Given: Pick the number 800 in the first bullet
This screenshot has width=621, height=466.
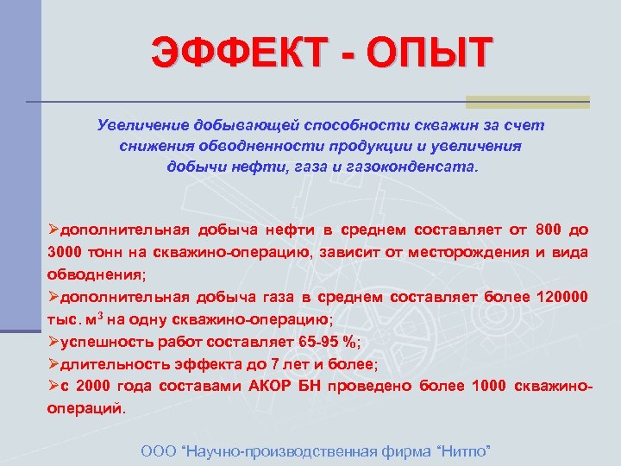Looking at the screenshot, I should tap(548, 230).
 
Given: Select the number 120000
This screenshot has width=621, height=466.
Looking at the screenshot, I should tap(562, 297).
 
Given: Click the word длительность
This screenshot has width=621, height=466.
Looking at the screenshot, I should tap(108, 364).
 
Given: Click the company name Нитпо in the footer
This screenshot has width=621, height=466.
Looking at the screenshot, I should tap(466, 450).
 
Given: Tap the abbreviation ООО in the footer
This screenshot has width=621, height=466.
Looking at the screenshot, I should tap(158, 450).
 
